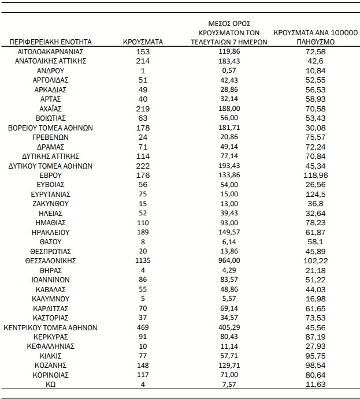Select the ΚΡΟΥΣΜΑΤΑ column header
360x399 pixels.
143,42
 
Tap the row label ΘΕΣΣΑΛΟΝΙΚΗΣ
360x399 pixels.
51,260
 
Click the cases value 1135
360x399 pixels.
143,260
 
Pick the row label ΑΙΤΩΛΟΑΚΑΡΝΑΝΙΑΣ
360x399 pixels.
51,51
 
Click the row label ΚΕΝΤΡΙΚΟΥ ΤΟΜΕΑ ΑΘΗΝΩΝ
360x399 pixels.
51,327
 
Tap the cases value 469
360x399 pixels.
143,327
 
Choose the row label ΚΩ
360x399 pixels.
51,384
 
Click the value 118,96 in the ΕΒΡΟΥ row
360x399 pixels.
316,175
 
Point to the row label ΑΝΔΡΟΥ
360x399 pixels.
51,70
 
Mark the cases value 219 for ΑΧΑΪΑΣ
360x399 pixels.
143,109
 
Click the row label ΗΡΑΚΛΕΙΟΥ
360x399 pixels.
51,232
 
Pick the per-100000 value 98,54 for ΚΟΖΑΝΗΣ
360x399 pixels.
316,365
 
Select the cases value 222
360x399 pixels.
143,165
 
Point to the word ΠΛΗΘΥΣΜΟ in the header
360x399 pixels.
316,42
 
